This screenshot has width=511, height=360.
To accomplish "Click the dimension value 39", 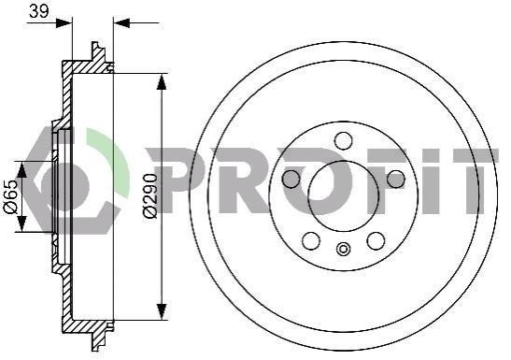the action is (x=39, y=11).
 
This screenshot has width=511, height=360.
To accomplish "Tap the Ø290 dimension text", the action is (x=150, y=195).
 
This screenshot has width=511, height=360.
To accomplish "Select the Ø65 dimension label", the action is (x=10, y=196).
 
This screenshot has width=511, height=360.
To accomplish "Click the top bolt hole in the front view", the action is (x=344, y=141).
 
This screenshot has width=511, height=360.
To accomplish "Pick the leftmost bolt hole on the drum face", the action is (x=291, y=179).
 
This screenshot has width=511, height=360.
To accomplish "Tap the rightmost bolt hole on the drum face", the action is (x=396, y=179).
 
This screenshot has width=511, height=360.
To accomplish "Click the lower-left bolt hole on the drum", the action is (x=311, y=240).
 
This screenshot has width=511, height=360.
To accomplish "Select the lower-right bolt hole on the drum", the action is (x=376, y=240).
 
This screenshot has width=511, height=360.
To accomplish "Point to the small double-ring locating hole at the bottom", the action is (x=343, y=249).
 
